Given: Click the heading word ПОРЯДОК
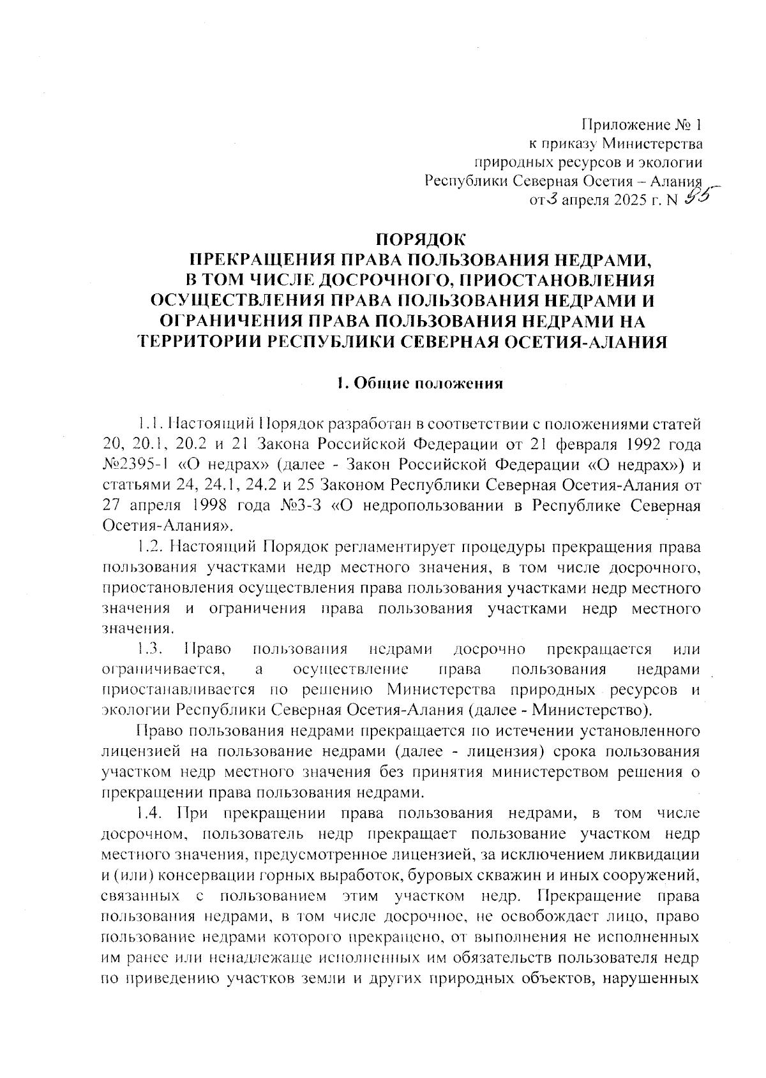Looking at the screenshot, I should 422,240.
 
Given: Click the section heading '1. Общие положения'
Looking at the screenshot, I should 421,384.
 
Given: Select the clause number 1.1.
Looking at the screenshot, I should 152,424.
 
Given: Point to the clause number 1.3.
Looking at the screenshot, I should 152,649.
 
